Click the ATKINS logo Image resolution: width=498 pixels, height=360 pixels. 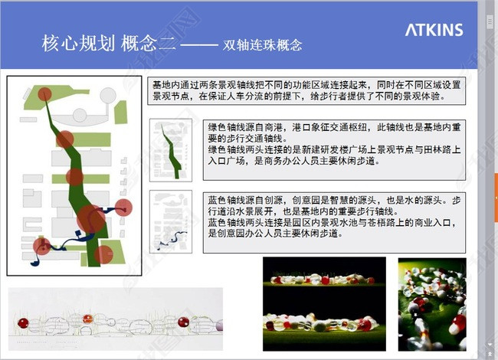pyautogui.click(x=434, y=31)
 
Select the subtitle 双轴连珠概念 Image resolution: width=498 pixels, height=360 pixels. pyautogui.click(x=262, y=45)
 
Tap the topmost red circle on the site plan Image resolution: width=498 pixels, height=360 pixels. pyautogui.click(x=44, y=95)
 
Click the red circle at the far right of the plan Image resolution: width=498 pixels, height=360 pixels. pyautogui.click(x=123, y=207)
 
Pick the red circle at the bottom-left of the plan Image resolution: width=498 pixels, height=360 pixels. pyautogui.click(x=42, y=247)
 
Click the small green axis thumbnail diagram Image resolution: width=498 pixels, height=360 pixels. pyautogui.click(x=170, y=146)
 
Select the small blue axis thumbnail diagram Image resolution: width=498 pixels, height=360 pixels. pyautogui.click(x=170, y=222)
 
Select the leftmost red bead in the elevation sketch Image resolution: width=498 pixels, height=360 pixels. pyautogui.click(x=22, y=322)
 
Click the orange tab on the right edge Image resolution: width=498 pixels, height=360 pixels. pyautogui.click(x=495, y=188)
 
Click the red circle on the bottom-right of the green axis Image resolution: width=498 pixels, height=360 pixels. pyautogui.click(x=103, y=253)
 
